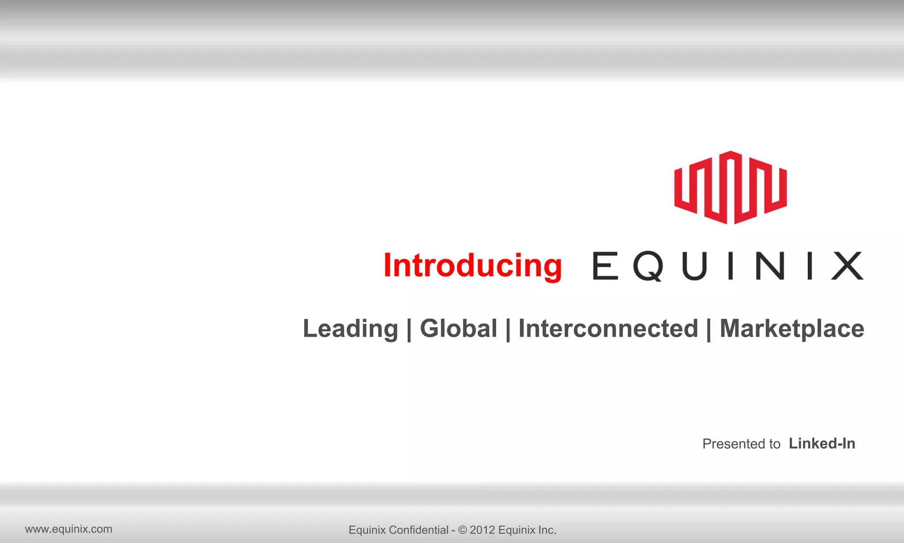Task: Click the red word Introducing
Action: pyautogui.click(x=472, y=266)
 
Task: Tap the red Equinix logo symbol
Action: pyautogui.click(x=731, y=187)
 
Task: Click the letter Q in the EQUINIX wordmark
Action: pyautogui.click(x=648, y=266)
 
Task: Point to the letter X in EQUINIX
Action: pyautogui.click(x=847, y=266)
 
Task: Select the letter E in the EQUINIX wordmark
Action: pyautogui.click(x=605, y=266)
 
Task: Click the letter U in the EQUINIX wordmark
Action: pyautogui.click(x=694, y=266)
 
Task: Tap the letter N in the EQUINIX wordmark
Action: pyautogui.click(x=770, y=266)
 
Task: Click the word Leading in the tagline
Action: pyautogui.click(x=350, y=329)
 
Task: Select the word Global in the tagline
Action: pyautogui.click(x=458, y=329)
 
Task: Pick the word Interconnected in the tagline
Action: pyautogui.click(x=608, y=329)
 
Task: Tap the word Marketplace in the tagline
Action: pyautogui.click(x=792, y=329)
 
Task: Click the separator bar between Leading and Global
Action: pyautogui.click(x=409, y=330)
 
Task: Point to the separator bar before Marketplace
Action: pyautogui.click(x=709, y=330)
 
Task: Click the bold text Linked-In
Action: pyautogui.click(x=822, y=443)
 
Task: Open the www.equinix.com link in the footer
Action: pyautogui.click(x=68, y=529)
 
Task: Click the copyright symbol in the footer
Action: pyautogui.click(x=462, y=530)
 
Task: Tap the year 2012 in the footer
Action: pyautogui.click(x=482, y=530)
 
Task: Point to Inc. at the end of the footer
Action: pyautogui.click(x=548, y=530)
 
